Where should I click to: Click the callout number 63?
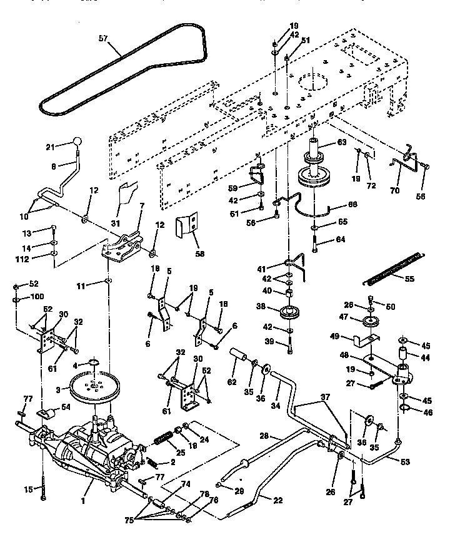click(x=341, y=142)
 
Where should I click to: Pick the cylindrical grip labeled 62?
click(x=241, y=359)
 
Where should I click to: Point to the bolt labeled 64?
click(x=315, y=247)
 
